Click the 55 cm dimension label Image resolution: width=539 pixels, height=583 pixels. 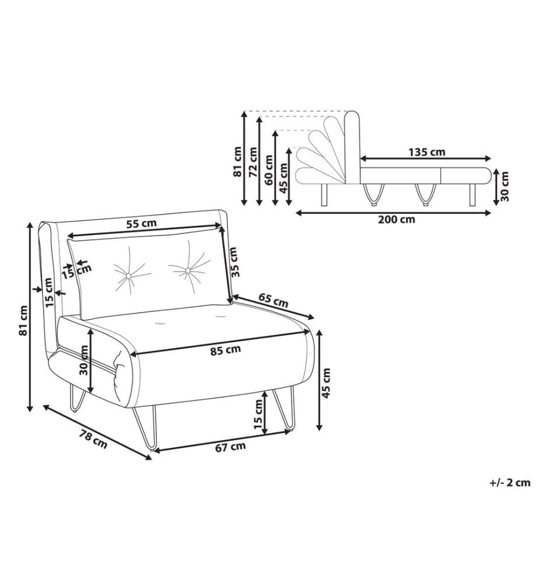141,224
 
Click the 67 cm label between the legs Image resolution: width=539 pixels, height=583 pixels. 230,447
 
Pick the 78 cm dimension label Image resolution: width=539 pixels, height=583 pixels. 93,439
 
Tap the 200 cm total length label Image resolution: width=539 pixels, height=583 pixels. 397,219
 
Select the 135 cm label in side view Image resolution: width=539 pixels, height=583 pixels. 426,152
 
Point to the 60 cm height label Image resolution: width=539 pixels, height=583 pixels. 268,170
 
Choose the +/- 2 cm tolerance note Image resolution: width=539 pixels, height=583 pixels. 510,483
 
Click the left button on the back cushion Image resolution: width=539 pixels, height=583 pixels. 128,276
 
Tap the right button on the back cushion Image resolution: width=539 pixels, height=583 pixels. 188,270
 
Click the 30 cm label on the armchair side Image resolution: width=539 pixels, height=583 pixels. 84,360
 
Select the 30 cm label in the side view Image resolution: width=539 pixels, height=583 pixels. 505,187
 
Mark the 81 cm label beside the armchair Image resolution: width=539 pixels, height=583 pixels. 23,321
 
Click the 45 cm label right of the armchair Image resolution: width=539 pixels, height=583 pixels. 326,383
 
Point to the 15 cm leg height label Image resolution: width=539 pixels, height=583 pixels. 258,414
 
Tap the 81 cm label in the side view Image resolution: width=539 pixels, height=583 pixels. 237,161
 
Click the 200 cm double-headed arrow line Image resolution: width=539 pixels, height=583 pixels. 394,213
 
